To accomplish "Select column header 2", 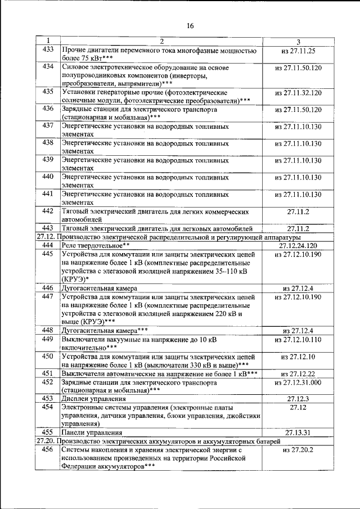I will [161, 42].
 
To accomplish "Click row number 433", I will [48, 50].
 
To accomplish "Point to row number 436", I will [48, 109].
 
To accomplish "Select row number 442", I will [48, 211].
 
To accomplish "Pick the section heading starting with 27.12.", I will [168, 237].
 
